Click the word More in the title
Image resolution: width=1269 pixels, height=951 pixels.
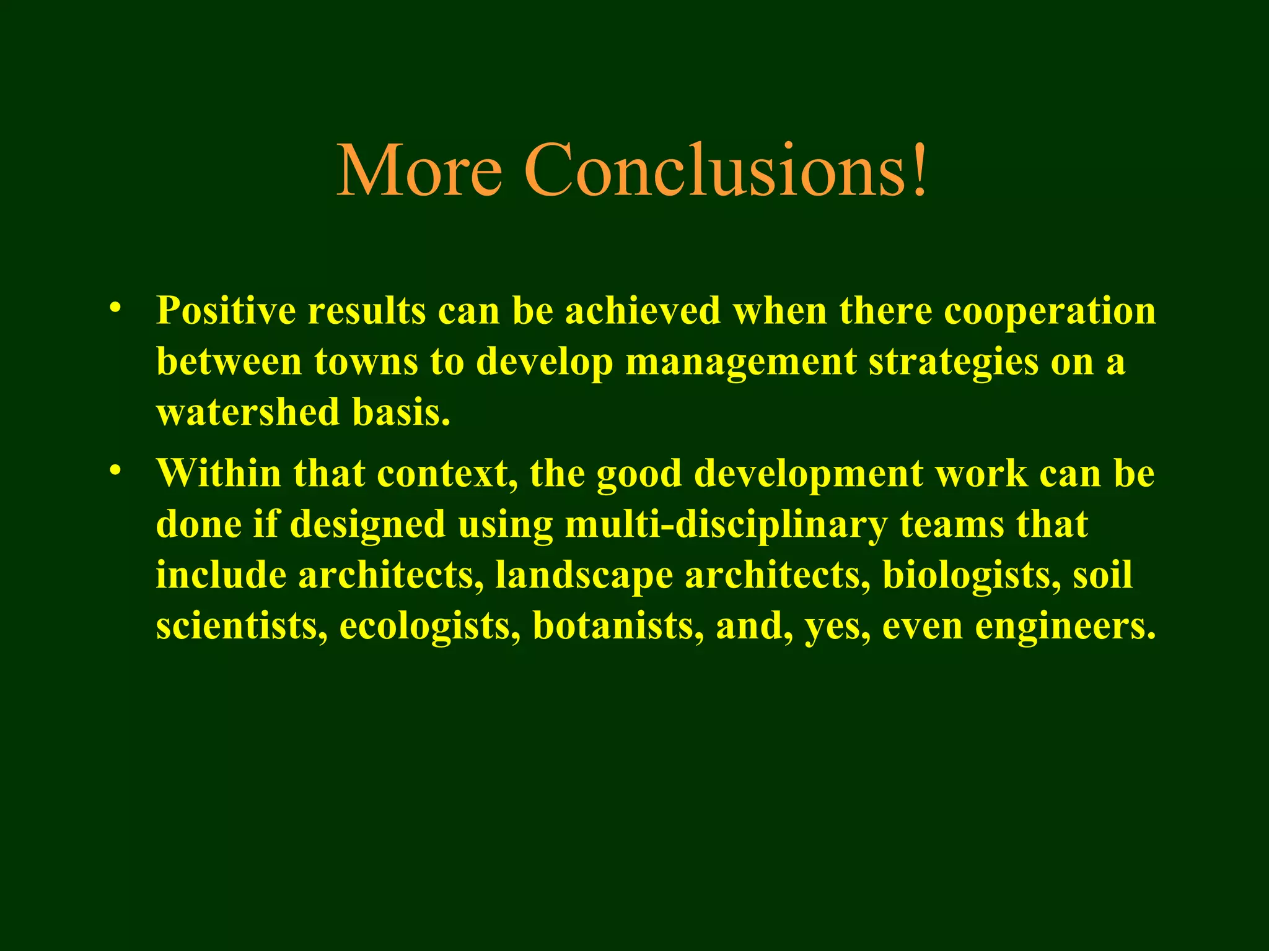[419, 170]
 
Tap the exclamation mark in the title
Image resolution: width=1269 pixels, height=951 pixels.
[919, 170]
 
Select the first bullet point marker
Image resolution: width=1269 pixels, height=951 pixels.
[113, 308]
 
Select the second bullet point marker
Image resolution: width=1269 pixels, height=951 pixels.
[113, 471]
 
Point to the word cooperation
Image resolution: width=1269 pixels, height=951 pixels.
[1050, 311]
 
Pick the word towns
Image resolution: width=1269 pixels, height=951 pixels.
[366, 362]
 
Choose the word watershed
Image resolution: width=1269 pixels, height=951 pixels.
[248, 412]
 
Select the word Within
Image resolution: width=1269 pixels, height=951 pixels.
[218, 474]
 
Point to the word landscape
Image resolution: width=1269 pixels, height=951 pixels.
[584, 576]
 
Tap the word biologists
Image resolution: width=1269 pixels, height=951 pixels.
[970, 576]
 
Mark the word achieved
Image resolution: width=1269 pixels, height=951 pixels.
[643, 310]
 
